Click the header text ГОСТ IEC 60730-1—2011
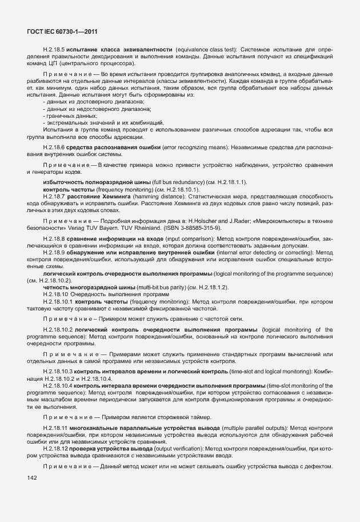58,33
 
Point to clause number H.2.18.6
54,148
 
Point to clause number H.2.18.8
54,238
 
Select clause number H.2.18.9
54,252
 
